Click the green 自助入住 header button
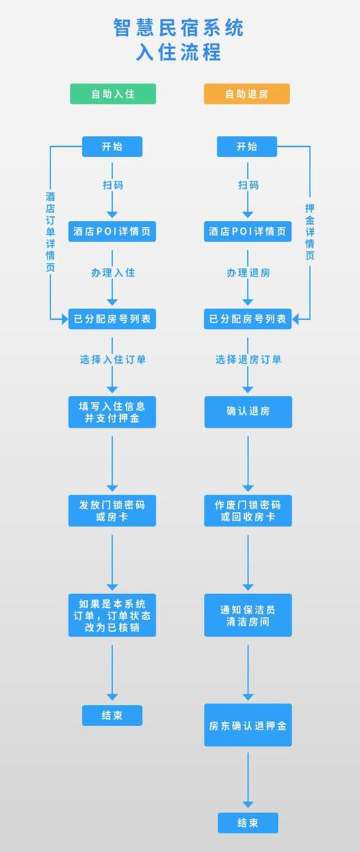click(112, 94)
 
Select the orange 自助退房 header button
click(247, 94)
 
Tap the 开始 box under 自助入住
click(112, 147)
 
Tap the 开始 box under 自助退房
click(247, 147)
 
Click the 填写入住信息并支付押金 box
click(112, 412)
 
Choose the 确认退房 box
click(248, 412)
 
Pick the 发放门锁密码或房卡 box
click(112, 510)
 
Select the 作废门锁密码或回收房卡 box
click(248, 510)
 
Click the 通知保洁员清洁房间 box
click(248, 615)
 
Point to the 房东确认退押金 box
click(248, 725)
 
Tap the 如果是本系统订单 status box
click(112, 615)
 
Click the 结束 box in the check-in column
click(112, 715)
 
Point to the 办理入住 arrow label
click(112, 273)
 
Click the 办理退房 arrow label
click(248, 273)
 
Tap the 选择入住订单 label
click(112, 359)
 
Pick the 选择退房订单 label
click(248, 359)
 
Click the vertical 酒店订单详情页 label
click(50, 231)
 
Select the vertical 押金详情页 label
click(310, 231)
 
